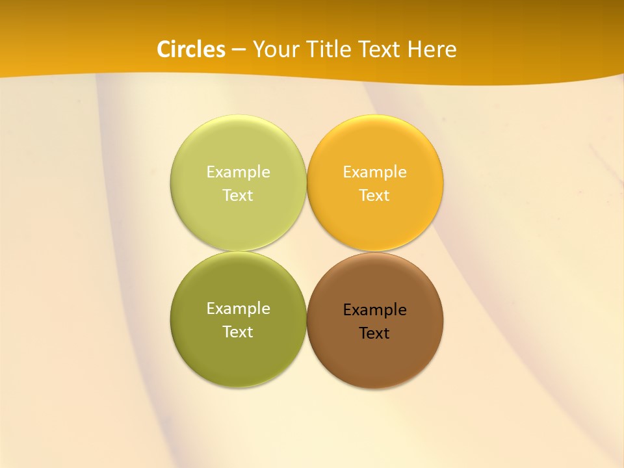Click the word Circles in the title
pyautogui.click(x=190, y=49)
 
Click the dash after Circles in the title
pyautogui.click(x=239, y=50)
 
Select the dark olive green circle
pyautogui.click(x=238, y=351)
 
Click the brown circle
pyautogui.click(x=375, y=354)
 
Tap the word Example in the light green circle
pyautogui.click(x=238, y=172)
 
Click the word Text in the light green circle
pyautogui.click(x=238, y=196)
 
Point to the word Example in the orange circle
pyautogui.click(x=375, y=172)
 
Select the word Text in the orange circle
pyautogui.click(x=375, y=196)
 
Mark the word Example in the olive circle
pyautogui.click(x=238, y=309)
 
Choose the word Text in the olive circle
pyautogui.click(x=238, y=332)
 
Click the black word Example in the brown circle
pyautogui.click(x=375, y=310)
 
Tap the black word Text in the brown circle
pyautogui.click(x=375, y=333)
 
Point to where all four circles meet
pyautogui.click(x=307, y=252)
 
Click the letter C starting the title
pyautogui.click(x=164, y=49)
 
